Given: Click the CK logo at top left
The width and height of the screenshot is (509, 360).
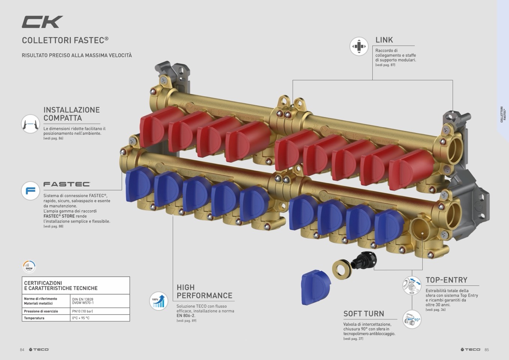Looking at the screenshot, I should [42, 22].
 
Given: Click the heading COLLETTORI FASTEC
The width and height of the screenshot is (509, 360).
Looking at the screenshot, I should [65, 40].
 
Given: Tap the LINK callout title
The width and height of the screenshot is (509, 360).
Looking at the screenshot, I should [384, 40].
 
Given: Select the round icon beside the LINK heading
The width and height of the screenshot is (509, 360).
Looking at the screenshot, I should [359, 47].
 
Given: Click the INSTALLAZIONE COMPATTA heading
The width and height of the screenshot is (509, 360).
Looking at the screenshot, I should [71, 114].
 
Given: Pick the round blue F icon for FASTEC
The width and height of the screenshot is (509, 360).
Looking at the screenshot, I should [30, 191].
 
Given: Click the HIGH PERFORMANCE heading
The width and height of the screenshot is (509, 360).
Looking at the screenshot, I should [204, 291].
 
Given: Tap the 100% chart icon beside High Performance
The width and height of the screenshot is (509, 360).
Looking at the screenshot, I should [158, 301].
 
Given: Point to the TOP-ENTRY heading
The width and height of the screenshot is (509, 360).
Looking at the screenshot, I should [446, 280].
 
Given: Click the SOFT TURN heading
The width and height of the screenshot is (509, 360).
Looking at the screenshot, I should [363, 314].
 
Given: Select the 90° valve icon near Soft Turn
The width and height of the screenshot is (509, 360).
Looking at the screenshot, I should [412, 319].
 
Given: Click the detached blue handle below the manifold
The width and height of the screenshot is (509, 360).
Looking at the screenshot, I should [316, 286].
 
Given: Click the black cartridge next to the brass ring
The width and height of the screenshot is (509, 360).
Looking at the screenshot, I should [364, 261].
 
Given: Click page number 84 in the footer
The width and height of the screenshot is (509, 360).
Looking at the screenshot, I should [22, 349].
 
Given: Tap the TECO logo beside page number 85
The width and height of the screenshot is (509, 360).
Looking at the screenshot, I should [471, 349].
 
